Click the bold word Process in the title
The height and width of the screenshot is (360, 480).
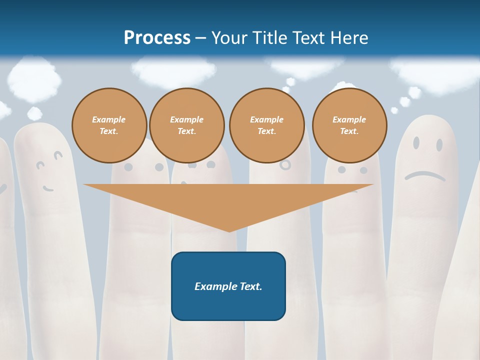[157, 37]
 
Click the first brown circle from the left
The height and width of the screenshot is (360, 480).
[109, 125]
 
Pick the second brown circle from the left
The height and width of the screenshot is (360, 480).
[187, 125]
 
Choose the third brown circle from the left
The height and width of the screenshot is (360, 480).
[266, 125]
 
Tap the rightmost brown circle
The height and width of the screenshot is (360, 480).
[349, 125]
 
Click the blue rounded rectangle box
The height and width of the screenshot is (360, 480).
[228, 286]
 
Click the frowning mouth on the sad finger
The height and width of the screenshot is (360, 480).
[424, 175]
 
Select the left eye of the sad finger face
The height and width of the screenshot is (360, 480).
[416, 143]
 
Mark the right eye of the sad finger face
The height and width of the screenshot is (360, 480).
[439, 145]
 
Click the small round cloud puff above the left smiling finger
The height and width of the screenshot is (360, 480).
[34, 113]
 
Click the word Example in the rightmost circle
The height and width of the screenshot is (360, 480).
[349, 119]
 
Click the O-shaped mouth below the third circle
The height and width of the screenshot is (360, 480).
[285, 164]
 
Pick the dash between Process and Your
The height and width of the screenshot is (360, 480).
[201, 38]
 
